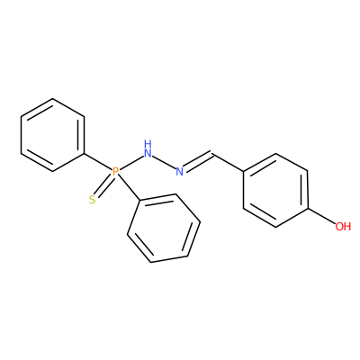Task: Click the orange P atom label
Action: [x=115, y=172]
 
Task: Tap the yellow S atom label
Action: [x=93, y=200]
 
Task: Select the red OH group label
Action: [x=343, y=227]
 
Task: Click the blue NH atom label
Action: [x=148, y=149]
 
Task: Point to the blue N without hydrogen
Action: [x=179, y=172]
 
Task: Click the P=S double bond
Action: [x=103, y=186]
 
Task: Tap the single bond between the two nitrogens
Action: [x=164, y=163]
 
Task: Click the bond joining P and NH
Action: [x=131, y=163]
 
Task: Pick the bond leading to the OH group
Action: [x=321, y=215]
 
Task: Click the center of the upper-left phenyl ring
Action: [x=52, y=135]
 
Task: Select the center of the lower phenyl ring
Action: [x=164, y=229]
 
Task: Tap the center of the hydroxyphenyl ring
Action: [x=275, y=190]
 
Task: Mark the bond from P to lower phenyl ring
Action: [x=128, y=188]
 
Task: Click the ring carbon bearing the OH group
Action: [x=308, y=208]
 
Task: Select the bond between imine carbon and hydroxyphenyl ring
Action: [x=228, y=163]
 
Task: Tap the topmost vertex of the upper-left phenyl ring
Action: [x=53, y=99]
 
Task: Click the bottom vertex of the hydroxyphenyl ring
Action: [x=276, y=227]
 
